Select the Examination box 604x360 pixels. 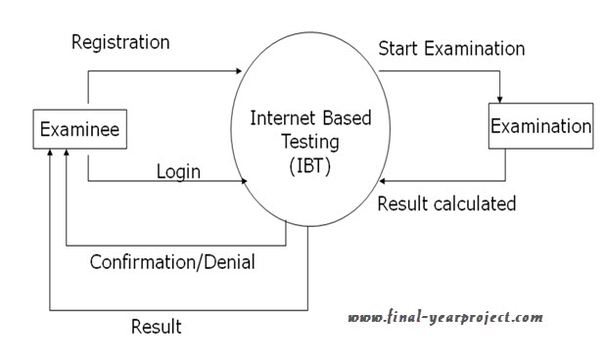point(540,127)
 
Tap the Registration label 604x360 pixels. point(121,42)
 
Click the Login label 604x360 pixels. point(178,172)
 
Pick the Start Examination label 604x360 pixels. point(451,48)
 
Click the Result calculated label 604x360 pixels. point(446,204)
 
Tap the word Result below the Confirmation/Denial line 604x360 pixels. point(157,326)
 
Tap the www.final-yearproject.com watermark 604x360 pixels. point(445,317)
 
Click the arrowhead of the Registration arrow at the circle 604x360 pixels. point(237,70)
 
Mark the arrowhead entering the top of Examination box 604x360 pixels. point(500,100)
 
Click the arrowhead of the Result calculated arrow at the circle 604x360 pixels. point(386,181)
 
